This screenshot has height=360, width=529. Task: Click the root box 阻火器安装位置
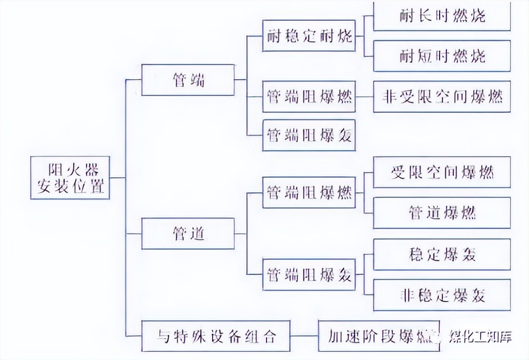[70, 178]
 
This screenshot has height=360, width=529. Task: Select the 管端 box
[188, 80]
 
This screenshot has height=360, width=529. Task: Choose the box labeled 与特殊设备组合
[217, 336]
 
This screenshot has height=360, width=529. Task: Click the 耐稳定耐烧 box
[309, 36]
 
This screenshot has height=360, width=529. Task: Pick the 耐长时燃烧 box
[441, 16]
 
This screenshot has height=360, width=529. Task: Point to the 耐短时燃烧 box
[441, 56]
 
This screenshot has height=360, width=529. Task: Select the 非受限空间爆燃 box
[441, 96]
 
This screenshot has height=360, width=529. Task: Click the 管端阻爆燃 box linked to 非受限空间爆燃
[309, 96]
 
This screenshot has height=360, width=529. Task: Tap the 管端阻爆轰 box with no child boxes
[309, 135]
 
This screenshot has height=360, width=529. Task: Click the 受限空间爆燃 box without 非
[441, 172]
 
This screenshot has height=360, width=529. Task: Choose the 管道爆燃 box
[441, 213]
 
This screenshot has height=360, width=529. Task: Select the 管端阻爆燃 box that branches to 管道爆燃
[309, 192]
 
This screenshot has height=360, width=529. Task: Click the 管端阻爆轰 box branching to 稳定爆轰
[309, 274]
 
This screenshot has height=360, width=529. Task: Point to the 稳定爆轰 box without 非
[441, 254]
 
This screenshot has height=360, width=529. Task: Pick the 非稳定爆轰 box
[441, 295]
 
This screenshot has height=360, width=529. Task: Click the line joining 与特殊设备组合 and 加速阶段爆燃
[305, 336]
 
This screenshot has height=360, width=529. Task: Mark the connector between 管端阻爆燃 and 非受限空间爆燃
[364, 96]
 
